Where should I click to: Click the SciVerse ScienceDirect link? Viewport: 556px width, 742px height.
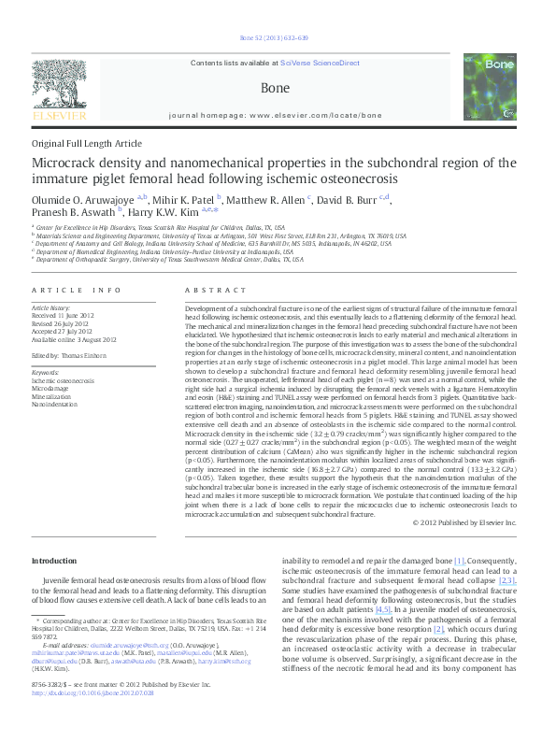click(x=321, y=62)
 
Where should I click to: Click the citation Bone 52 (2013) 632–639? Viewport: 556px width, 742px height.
click(x=278, y=38)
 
